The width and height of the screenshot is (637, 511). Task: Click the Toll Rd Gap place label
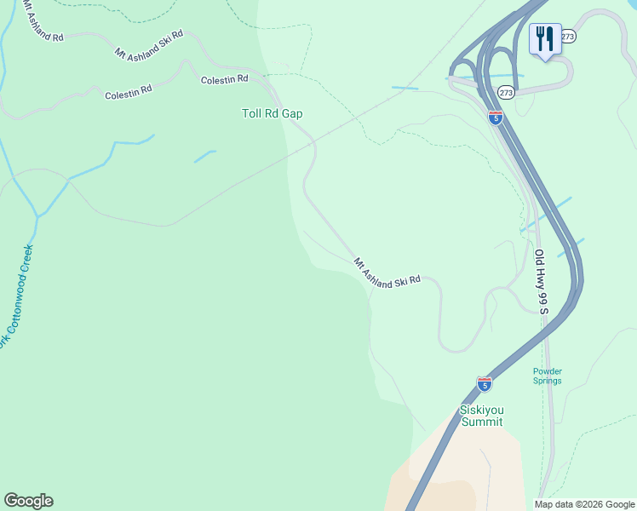click(272, 113)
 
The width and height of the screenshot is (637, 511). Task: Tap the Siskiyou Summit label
click(481, 416)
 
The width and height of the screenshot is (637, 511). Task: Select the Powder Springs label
click(548, 376)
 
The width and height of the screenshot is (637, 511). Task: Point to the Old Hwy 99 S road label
click(542, 281)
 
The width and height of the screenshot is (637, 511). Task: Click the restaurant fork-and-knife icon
click(544, 38)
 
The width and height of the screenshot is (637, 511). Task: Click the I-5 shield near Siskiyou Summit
click(485, 384)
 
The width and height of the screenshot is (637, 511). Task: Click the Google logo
click(28, 501)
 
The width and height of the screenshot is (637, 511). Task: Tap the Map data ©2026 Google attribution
click(585, 504)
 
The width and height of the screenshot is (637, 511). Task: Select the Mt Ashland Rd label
click(43, 23)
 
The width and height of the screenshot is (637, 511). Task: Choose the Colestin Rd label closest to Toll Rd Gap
click(224, 79)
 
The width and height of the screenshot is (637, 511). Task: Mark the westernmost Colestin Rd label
click(128, 92)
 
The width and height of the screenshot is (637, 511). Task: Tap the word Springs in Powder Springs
click(548, 381)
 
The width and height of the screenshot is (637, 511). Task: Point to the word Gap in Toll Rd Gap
click(292, 113)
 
